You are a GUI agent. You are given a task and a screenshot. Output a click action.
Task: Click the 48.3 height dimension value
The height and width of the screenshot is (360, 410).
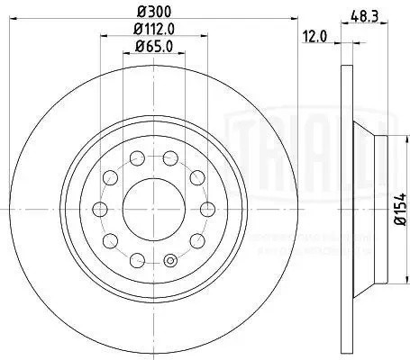pos(364,15)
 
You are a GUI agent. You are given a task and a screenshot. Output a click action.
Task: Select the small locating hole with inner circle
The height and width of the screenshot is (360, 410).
pos(170,263)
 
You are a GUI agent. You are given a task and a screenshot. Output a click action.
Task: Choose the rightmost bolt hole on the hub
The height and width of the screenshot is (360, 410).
pos(208,209)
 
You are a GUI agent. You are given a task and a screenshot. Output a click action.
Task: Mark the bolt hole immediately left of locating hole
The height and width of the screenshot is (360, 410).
pos(138,260)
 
